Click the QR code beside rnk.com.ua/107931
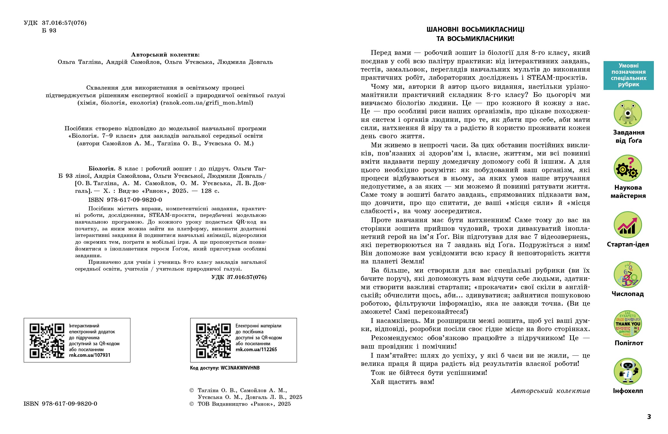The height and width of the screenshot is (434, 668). pos(47,341)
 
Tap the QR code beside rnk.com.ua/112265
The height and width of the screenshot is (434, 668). pos(214,341)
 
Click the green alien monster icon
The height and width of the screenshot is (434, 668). pos(628,114)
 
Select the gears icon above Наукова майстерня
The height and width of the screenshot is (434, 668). pos(628,169)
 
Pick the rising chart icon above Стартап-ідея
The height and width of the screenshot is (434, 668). pos(628,225)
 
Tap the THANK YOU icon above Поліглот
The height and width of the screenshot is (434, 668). pos(628,324)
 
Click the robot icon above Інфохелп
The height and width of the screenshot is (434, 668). pos(628,372)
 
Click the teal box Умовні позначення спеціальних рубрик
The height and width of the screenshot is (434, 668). pos(628,75)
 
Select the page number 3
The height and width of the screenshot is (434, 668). pos(649,417)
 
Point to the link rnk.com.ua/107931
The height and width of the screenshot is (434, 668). pos(90,355)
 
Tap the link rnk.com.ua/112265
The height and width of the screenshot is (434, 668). pos(256,349)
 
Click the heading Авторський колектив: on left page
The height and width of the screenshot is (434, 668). pos(165,55)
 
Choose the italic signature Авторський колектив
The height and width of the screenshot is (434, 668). pos(550,391)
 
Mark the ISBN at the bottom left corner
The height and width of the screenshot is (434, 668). pos(61,404)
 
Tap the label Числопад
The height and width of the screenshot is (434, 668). pos(628,294)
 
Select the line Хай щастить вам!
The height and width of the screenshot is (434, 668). pos(402,382)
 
